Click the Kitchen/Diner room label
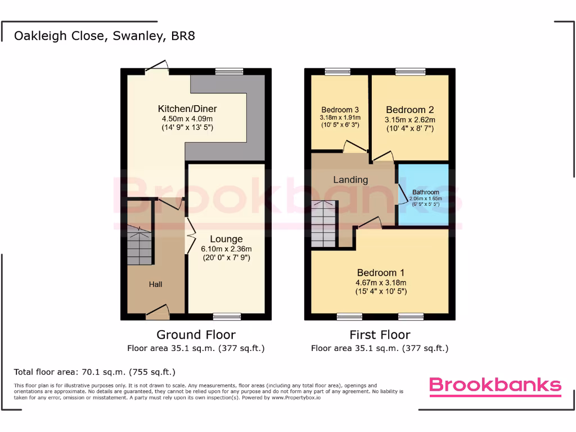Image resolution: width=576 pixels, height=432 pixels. [x=187, y=109]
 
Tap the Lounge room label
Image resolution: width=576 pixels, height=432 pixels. [x=227, y=239]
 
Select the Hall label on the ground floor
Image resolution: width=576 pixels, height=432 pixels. [x=155, y=285]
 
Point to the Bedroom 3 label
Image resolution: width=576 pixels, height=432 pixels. [x=340, y=110]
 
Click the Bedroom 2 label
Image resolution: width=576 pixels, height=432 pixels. [x=409, y=110]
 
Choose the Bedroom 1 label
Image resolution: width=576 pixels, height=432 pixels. [x=380, y=273]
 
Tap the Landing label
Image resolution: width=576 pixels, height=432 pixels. [x=350, y=180]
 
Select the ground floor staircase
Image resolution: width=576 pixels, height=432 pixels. [x=139, y=245]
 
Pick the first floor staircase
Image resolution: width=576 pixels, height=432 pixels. [x=323, y=224]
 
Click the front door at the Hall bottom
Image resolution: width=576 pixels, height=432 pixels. [x=157, y=310]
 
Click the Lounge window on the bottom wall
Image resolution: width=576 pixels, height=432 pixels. [x=227, y=316]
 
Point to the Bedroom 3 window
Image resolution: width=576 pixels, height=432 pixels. [x=337, y=71]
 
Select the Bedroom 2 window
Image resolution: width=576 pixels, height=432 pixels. [x=410, y=71]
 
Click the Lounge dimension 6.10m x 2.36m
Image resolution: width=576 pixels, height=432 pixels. [x=227, y=249]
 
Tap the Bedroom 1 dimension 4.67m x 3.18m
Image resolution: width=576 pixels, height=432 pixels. [x=380, y=283]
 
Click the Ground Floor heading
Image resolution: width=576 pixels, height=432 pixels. [x=196, y=335]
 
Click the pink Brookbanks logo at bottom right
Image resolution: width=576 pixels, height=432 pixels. [x=495, y=385]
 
